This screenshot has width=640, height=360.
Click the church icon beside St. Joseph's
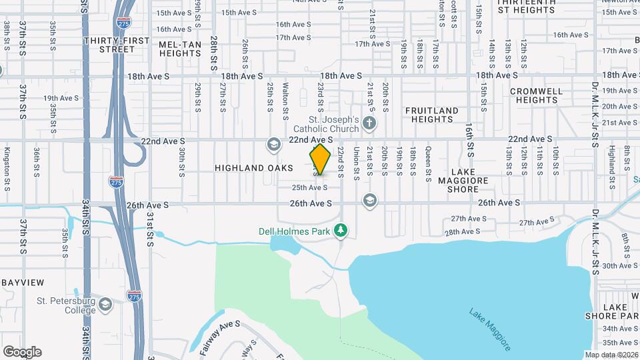[x=370, y=123]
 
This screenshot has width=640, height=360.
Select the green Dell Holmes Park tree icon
[x=341, y=231]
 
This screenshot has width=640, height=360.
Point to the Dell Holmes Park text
[x=295, y=232]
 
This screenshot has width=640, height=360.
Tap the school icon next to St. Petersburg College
[x=105, y=305]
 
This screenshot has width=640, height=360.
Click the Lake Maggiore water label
[x=490, y=329]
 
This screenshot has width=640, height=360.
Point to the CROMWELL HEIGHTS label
[x=537, y=95]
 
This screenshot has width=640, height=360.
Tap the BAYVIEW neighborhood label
[x=22, y=283]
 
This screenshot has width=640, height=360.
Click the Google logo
[x=22, y=351]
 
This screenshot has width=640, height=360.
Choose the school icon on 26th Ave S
[x=369, y=201]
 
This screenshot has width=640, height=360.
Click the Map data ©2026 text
[x=611, y=355]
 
